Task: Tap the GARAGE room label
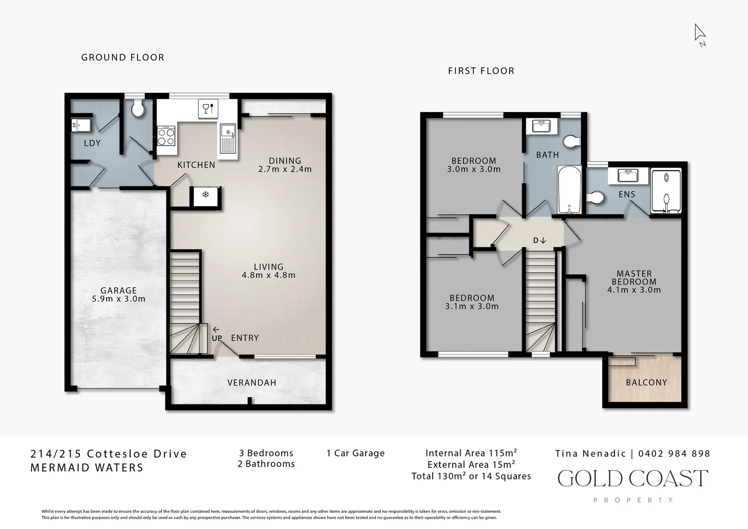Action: [x=118, y=290]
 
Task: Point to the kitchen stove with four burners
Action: [x=166, y=136]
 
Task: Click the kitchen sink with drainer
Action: [x=228, y=139]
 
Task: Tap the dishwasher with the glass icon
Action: [x=208, y=108]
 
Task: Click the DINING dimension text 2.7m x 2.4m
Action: [x=285, y=169]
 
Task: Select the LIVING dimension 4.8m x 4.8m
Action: [x=268, y=275]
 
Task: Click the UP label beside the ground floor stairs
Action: [x=217, y=338]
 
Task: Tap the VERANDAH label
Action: [x=252, y=383]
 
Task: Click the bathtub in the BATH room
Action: [x=569, y=190]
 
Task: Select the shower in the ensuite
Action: [x=666, y=191]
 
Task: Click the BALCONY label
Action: [x=646, y=383]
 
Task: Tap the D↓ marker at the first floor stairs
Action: [x=539, y=240]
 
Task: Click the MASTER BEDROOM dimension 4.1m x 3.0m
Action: [x=634, y=290]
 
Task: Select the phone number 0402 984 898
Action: [x=674, y=454]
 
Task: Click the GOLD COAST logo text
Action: [x=632, y=479]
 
